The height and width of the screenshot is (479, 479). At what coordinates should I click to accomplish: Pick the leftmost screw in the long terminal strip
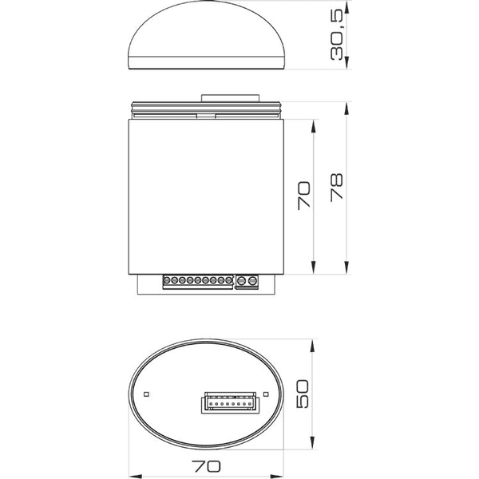coord(168,281)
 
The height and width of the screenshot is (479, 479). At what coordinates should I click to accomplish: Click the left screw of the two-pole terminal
coord(242,281)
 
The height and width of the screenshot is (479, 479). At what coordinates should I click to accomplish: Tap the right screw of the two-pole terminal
coord(251,281)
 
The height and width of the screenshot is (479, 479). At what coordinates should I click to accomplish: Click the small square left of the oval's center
coord(146,394)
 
